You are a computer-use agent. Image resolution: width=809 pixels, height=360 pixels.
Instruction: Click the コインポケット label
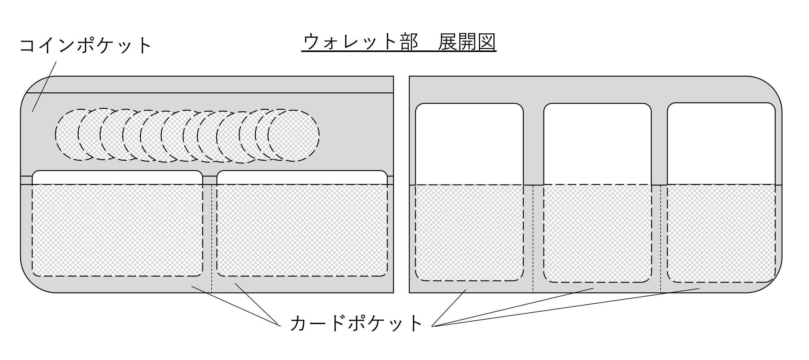86,46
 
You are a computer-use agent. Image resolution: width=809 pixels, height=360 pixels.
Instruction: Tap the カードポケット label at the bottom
356,323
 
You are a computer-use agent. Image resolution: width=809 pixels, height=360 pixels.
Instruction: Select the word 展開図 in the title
467,42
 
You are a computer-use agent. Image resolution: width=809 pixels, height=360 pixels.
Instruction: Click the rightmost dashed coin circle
294,136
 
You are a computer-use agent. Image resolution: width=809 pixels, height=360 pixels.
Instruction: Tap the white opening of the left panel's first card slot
117,177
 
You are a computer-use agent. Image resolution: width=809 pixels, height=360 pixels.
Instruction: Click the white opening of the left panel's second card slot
302,177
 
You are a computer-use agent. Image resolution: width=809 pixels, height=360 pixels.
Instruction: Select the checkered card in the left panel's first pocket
117,230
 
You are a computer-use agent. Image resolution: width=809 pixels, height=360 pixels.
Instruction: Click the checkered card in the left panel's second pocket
302,230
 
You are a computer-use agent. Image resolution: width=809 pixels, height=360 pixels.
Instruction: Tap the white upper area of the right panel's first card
469,144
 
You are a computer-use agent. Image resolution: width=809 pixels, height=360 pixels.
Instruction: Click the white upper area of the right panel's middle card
597,144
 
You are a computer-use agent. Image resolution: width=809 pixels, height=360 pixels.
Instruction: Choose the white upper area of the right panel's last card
721,143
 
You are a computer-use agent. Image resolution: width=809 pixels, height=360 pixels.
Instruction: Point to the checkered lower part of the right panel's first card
469,232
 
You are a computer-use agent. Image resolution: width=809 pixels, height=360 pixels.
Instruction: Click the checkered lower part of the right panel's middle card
597,233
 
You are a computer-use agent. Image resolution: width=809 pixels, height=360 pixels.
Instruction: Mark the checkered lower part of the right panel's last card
721,233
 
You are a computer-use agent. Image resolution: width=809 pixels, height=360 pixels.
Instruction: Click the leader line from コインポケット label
44,87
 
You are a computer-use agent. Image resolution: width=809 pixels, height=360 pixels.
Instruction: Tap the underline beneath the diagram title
399,51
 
